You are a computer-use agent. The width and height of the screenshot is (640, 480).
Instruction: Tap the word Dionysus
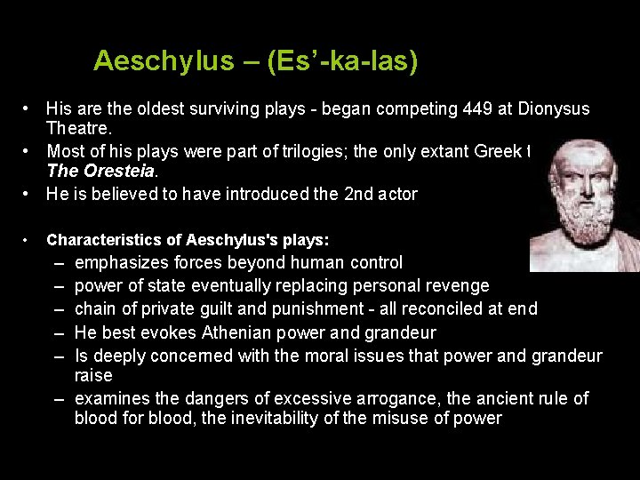(554, 109)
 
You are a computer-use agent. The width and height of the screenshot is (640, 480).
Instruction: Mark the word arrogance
(378, 398)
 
